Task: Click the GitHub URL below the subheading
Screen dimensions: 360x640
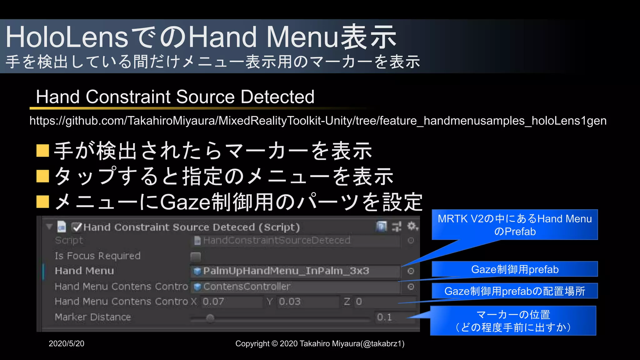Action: point(318,121)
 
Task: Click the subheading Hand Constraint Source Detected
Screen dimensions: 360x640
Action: point(175,97)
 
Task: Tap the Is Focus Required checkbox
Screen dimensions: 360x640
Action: point(196,257)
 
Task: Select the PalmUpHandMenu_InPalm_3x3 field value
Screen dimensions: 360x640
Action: point(286,271)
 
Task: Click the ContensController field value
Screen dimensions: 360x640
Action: point(247,287)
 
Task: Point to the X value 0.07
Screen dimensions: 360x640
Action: point(213,302)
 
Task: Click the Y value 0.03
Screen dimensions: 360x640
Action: point(290,302)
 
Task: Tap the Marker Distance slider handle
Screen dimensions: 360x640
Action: point(210,318)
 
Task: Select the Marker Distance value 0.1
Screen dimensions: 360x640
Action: point(384,317)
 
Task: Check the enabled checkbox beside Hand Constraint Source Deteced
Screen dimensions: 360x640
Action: point(77,227)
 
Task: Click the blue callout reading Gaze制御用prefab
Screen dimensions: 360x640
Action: point(514,269)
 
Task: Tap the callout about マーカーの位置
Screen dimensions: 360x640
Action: point(513,321)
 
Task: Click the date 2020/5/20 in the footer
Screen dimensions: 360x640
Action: point(67,343)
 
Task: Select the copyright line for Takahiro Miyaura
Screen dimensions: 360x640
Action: point(320,343)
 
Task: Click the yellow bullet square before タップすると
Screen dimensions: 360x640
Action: point(42,176)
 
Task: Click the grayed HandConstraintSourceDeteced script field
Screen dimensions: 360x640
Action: point(277,240)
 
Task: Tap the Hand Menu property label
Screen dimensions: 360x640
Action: point(84,271)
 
